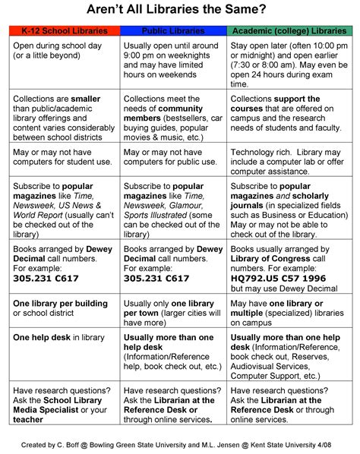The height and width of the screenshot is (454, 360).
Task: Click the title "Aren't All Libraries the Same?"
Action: click(x=180, y=11)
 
